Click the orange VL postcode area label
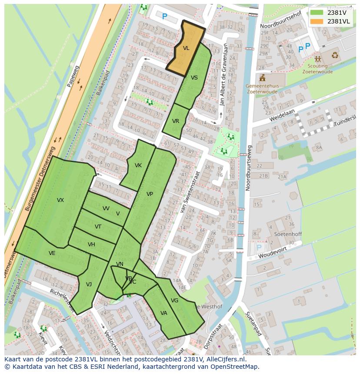pyautogui.click(x=186, y=48)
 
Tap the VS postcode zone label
pyautogui.click(x=194, y=78)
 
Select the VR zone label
pyautogui.click(x=176, y=121)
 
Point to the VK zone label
pyautogui.click(x=138, y=165)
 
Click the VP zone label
pyautogui.click(x=150, y=194)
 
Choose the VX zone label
pyautogui.click(x=60, y=200)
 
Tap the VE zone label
pyautogui.click(x=52, y=253)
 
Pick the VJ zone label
pyautogui.click(x=89, y=285)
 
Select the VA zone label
pyautogui.click(x=164, y=313)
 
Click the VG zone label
pyautogui.click(x=175, y=301)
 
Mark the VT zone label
pyautogui.click(x=98, y=227)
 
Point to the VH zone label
pyautogui.click(x=91, y=245)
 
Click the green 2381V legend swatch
pyautogui.click(x=317, y=12)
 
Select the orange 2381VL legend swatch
pyautogui.click(x=317, y=21)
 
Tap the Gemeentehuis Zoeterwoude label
pyautogui.click(x=262, y=89)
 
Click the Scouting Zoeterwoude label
pyautogui.click(x=317, y=69)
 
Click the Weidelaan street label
pyautogui.click(x=282, y=114)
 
